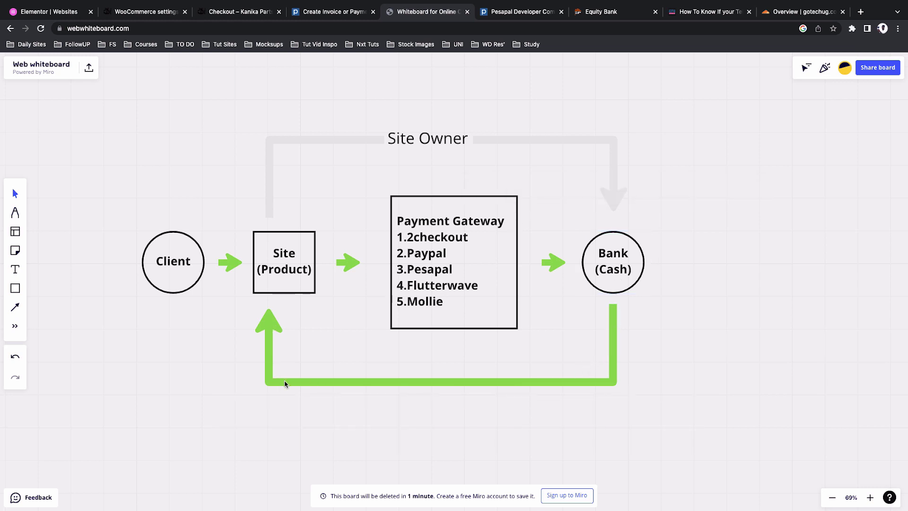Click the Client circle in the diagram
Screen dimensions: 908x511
coord(173,262)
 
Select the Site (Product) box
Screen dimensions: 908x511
coord(284,262)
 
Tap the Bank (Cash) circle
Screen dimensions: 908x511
coord(613,262)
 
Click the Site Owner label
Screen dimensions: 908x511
coord(428,139)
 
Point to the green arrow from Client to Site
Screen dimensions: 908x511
coord(230,262)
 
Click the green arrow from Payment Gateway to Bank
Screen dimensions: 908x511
coord(553,262)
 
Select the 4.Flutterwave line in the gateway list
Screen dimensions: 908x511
coord(437,285)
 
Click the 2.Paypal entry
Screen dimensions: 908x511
coord(421,253)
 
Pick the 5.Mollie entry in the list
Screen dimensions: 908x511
coord(419,301)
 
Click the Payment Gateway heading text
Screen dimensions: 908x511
coord(451,221)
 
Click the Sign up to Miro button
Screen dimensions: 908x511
coord(567,495)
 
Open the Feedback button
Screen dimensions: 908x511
coord(31,497)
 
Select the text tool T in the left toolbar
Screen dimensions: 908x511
coord(15,269)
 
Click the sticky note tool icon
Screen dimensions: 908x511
coord(15,250)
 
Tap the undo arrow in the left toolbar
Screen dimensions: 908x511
coord(15,357)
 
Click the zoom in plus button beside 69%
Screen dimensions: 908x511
coord(870,497)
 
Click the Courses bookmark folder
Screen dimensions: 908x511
coord(140,44)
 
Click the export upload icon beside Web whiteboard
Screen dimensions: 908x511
coord(89,68)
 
